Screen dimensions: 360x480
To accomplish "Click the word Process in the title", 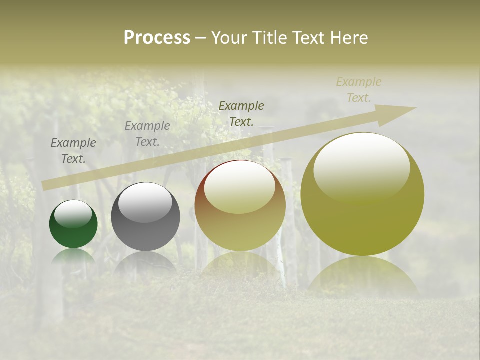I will point(157,38).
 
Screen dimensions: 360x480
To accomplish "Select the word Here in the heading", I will point(349,38).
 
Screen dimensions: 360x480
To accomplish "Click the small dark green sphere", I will point(73,224).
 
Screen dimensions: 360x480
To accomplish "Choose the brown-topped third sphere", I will point(240,206).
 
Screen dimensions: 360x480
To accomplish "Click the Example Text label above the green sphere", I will point(73,151).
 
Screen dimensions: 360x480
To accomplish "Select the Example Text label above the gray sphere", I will point(147,134).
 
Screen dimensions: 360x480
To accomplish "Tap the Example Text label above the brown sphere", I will point(241,113).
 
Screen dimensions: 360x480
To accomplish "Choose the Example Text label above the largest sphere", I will point(359,90).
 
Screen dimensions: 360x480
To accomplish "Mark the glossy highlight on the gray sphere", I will point(145,201).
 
